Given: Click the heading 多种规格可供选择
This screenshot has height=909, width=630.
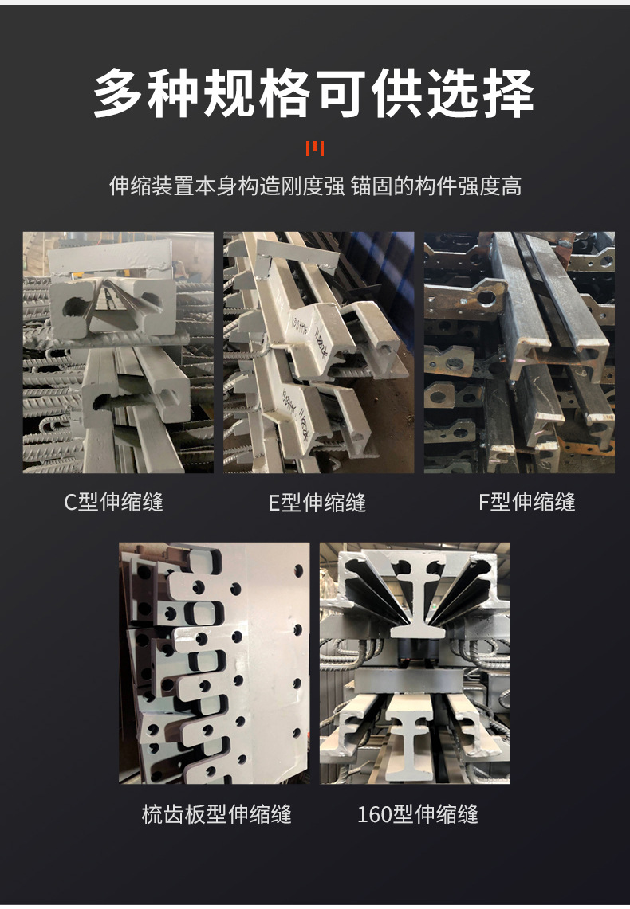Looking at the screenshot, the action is pos(314,93).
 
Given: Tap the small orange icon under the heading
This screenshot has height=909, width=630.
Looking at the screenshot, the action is pos(315,149).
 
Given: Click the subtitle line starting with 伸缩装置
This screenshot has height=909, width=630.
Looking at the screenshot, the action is pos(315,186).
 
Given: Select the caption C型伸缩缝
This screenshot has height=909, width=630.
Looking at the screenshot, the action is pos(114,502).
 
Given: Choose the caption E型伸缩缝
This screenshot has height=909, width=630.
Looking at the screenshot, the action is pos(317,502).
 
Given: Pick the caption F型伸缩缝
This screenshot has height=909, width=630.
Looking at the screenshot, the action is pos(527,502).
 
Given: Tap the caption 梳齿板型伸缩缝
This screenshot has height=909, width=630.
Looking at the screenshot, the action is pos(217,814).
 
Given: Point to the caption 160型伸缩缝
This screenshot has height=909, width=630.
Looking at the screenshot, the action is pos(418,814).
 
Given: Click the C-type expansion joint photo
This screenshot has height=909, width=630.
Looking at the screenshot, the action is pos(118,352).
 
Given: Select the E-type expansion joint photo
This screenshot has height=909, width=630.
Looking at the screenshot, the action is pos(319,352).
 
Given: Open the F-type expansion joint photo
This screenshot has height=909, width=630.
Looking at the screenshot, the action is pos(519,352).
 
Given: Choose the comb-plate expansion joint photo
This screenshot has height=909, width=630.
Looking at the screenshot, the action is pos(214,663).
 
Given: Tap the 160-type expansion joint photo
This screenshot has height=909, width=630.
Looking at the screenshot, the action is pos(415,663).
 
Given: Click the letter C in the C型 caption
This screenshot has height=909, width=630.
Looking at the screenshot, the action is pos(70,502).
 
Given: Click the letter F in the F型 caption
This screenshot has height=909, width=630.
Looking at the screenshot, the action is pos(484,502).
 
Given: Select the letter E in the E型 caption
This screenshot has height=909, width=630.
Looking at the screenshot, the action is pos(274,502).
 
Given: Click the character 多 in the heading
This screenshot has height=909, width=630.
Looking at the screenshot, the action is pos(118,93).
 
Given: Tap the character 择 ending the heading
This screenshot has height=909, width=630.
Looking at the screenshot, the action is pos(509,93).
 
